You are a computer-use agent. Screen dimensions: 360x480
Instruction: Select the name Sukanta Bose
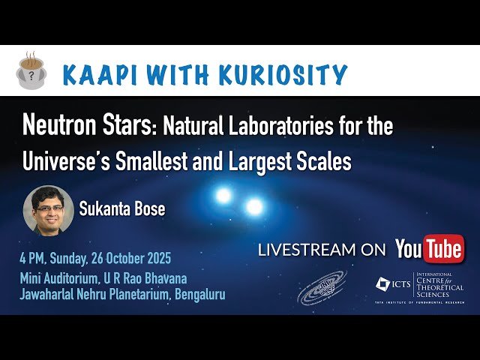click(121, 208)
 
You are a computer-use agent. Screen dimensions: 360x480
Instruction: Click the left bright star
click(223, 196)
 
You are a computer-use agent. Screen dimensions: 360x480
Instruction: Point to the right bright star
click(254, 205)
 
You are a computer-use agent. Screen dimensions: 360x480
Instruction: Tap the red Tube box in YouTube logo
click(444, 250)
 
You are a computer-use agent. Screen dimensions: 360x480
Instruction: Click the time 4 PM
click(34, 259)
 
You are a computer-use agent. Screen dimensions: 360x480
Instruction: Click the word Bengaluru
click(199, 294)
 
